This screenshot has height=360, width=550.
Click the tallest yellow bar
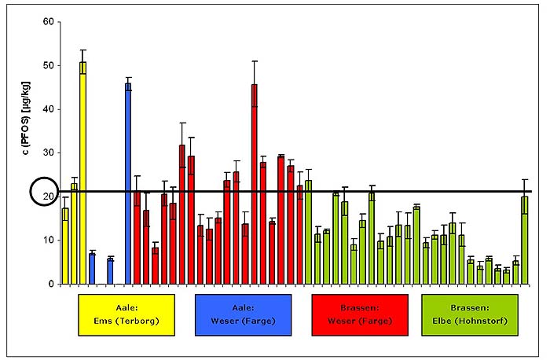pos(82,173)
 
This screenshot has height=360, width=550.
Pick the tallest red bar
pos(255,184)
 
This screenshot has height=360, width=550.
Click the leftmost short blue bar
pos(92,268)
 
